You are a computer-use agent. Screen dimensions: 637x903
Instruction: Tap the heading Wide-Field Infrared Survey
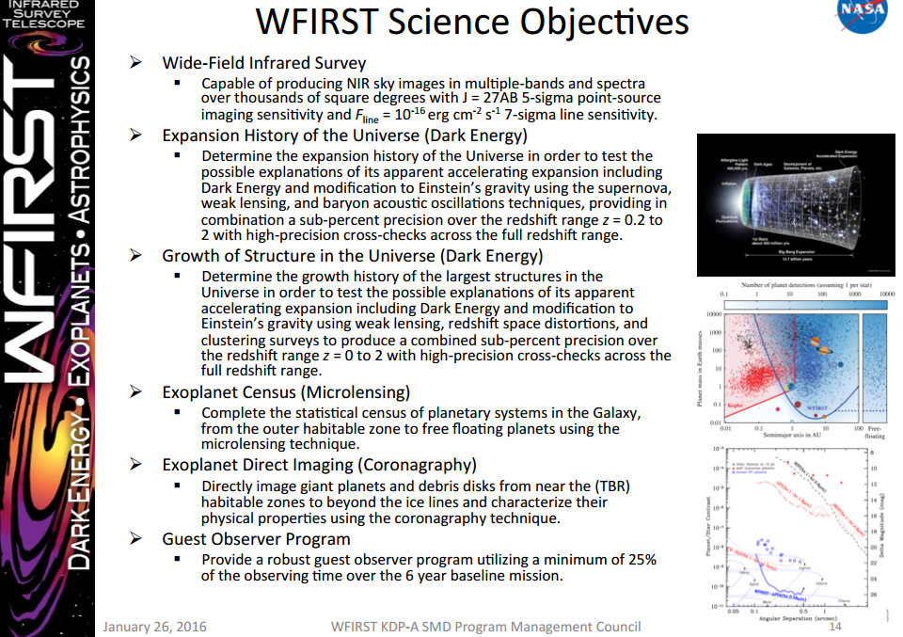point(264,63)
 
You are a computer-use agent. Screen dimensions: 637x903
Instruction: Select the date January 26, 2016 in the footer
point(154,627)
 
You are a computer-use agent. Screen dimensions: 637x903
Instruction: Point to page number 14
point(833,627)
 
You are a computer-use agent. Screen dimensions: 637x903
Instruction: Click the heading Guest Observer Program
point(256,539)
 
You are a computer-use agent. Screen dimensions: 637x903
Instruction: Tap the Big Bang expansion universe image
point(795,200)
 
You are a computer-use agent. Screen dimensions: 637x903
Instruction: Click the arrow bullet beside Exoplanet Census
point(136,392)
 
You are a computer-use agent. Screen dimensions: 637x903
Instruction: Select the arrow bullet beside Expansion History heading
point(136,135)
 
